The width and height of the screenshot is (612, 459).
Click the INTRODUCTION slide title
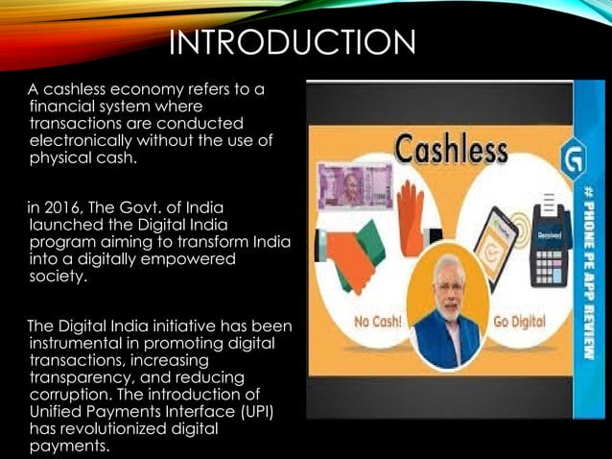(x=293, y=44)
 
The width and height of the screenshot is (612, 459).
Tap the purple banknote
(x=351, y=187)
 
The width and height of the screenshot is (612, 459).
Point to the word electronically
(x=77, y=140)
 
